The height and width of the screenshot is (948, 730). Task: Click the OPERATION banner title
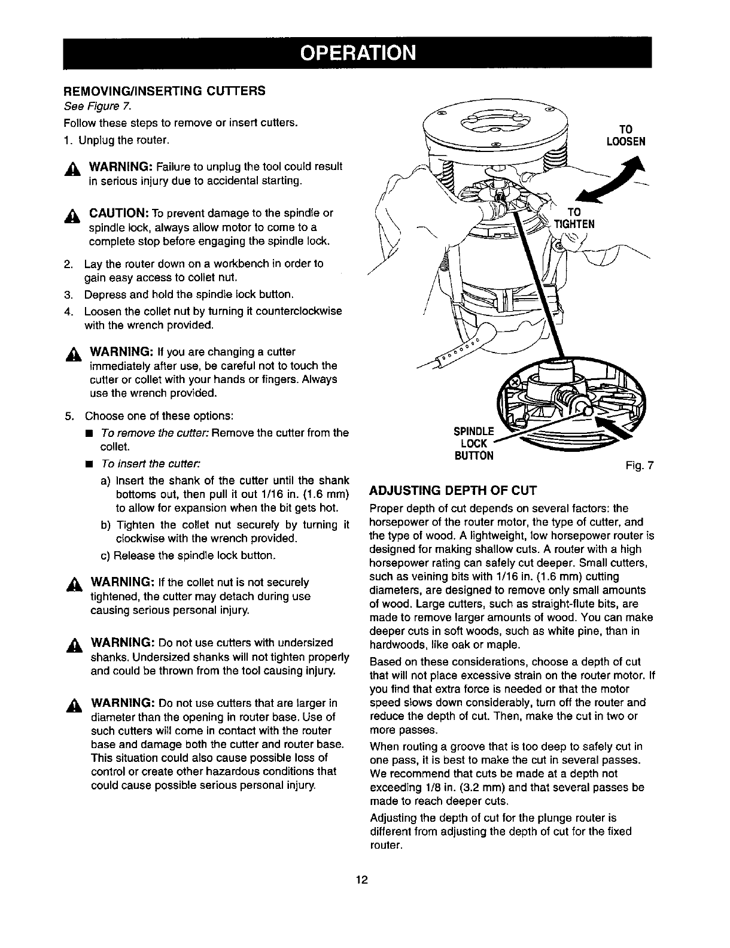(357, 53)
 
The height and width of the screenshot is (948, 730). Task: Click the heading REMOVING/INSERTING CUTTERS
(165, 91)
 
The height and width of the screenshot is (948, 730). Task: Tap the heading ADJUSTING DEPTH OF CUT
(454, 490)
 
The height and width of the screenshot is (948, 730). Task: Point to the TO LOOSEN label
(625, 135)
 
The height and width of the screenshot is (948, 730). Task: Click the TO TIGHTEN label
(574, 218)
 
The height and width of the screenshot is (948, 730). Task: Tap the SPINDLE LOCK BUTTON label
(474, 443)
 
